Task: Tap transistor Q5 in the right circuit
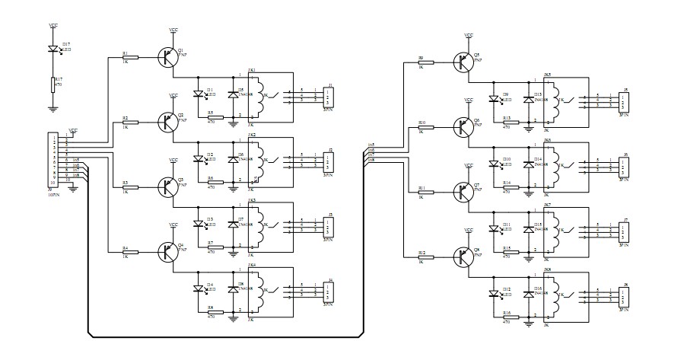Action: pyautogui.click(x=462, y=62)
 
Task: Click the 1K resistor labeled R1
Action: pyautogui.click(x=129, y=58)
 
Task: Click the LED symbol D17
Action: pyautogui.click(x=53, y=49)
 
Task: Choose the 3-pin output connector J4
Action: pyautogui.click(x=328, y=291)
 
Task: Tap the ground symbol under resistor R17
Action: pyautogui.click(x=53, y=109)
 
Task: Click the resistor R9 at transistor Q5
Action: pyautogui.click(x=425, y=63)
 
